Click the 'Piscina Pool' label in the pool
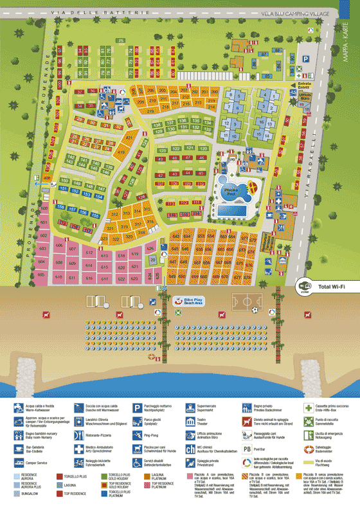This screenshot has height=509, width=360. click(x=231, y=191)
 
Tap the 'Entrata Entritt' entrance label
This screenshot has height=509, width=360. click(x=303, y=86)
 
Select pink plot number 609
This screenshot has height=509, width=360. click(x=58, y=262)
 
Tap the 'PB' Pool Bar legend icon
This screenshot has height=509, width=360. click(x=247, y=449)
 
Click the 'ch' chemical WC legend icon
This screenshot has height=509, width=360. click(x=192, y=449)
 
